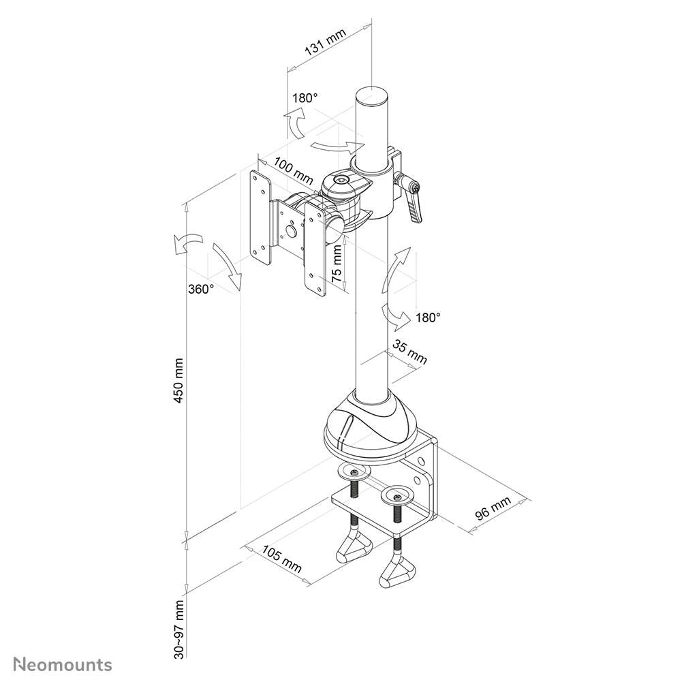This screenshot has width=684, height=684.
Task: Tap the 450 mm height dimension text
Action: tap(179, 382)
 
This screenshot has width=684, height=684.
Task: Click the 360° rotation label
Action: tap(201, 288)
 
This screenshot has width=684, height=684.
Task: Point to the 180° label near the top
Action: tap(305, 98)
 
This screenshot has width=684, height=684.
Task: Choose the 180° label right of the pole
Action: tap(428, 317)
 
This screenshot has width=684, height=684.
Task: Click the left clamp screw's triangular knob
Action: tap(356, 547)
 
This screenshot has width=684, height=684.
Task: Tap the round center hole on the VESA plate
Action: tap(292, 231)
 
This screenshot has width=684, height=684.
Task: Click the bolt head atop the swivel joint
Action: tap(341, 181)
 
